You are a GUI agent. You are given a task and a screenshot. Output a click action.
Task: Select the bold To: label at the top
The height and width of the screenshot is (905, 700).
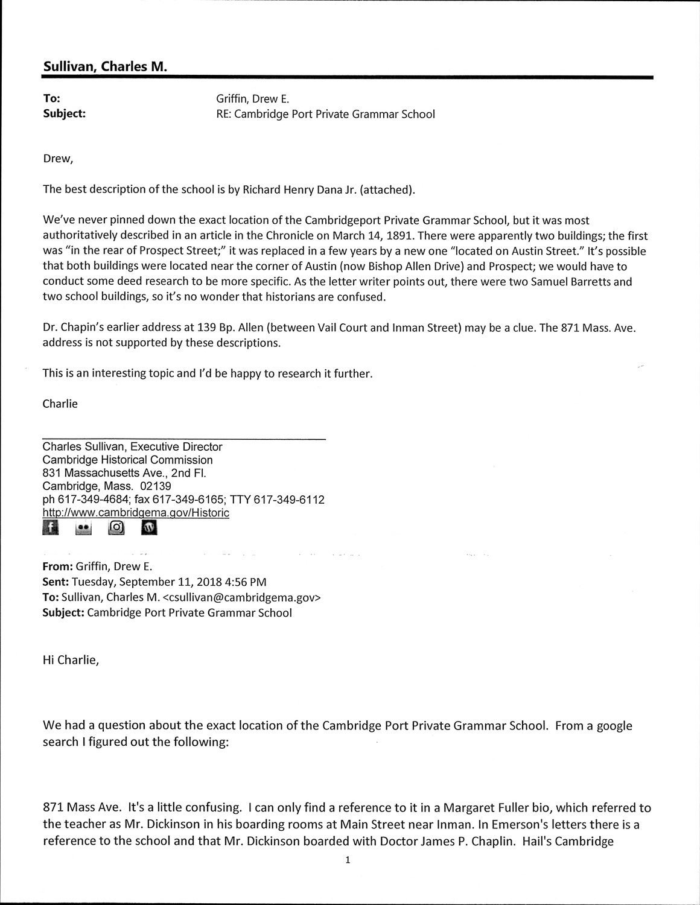pos(51,98)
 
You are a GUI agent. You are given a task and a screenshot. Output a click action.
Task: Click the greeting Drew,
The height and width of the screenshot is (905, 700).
pos(58,159)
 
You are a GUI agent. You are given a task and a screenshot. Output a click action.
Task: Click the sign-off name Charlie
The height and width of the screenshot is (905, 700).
pos(60,404)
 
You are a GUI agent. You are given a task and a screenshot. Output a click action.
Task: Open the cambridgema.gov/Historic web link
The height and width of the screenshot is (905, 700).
pos(136,513)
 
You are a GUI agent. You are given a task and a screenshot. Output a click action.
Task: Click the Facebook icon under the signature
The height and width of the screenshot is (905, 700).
pos(51,528)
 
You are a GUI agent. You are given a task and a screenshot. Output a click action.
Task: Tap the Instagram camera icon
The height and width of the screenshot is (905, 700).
pos(116,528)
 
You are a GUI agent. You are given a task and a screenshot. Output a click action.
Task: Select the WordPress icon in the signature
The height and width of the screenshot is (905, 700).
pos(148,528)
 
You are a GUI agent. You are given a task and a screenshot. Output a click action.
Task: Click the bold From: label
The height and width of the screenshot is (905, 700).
pos(58,567)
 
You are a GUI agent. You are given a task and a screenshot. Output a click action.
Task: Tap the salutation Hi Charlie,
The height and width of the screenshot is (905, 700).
pos(70,660)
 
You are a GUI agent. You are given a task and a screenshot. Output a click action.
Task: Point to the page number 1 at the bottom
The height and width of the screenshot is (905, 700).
pos(348,860)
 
